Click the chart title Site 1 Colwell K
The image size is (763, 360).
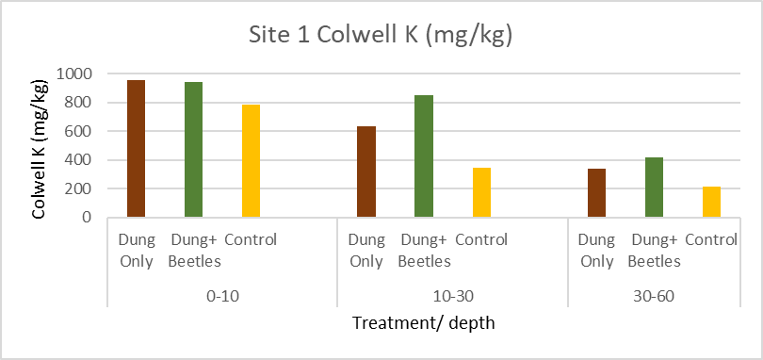click(x=381, y=36)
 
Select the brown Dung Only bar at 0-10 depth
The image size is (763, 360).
click(x=136, y=149)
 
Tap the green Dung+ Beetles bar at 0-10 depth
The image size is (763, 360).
click(x=193, y=150)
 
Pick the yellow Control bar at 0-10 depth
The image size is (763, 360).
click(x=251, y=161)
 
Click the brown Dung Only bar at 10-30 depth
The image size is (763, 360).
click(x=365, y=172)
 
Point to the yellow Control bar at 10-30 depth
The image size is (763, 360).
click(x=481, y=192)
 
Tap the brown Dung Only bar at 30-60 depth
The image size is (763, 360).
click(x=596, y=193)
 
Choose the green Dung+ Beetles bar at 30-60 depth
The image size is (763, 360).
click(x=654, y=188)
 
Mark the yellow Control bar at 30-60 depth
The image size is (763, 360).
click(x=711, y=202)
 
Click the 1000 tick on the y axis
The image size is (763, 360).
click(x=74, y=74)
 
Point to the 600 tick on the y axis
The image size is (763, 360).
click(x=79, y=131)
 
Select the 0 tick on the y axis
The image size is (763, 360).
click(x=88, y=218)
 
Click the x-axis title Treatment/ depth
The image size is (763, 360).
click(x=423, y=323)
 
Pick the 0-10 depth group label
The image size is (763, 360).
click(x=222, y=295)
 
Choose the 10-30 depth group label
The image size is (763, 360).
click(x=452, y=295)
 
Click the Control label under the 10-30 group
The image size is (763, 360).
click(x=481, y=240)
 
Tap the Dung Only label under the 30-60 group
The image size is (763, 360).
click(x=596, y=251)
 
